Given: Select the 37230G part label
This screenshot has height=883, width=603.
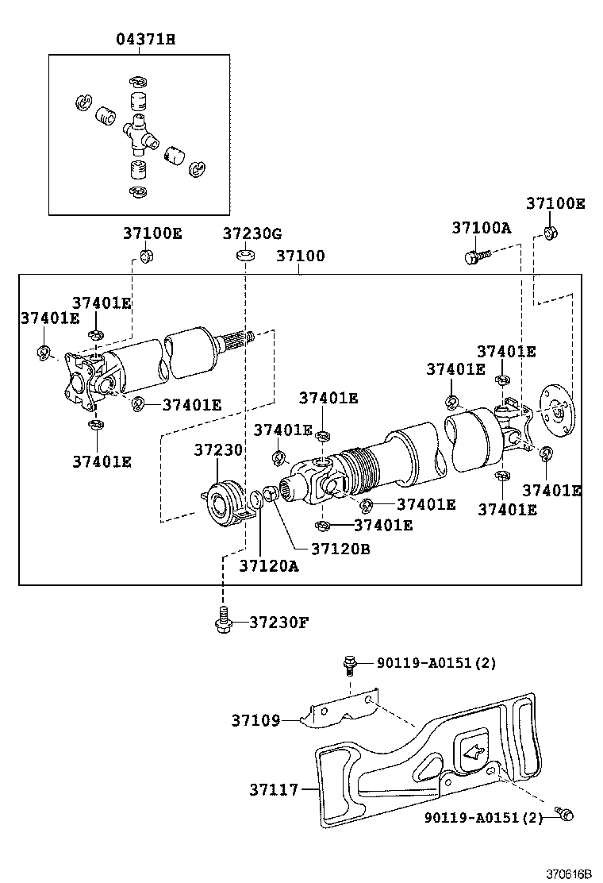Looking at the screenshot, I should pyautogui.click(x=252, y=233).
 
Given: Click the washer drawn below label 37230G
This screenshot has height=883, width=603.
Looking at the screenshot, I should pyautogui.click(x=244, y=256).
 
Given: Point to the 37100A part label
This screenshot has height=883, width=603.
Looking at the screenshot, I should pyautogui.click(x=482, y=228).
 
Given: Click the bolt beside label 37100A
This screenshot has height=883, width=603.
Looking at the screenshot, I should pyautogui.click(x=474, y=256).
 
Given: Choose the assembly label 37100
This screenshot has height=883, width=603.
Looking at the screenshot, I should pyautogui.click(x=300, y=257).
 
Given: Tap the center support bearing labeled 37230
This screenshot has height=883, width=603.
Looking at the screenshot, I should pyautogui.click(x=225, y=502).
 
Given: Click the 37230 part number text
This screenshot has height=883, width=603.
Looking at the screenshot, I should pyautogui.click(x=218, y=450).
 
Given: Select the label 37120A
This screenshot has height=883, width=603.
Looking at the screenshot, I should pyautogui.click(x=269, y=565).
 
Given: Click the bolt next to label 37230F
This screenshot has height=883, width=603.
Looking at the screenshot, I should pyautogui.click(x=223, y=619).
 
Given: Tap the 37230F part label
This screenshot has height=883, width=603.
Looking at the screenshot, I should pyautogui.click(x=278, y=622).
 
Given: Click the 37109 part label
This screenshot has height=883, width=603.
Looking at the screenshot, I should pyautogui.click(x=255, y=721).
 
